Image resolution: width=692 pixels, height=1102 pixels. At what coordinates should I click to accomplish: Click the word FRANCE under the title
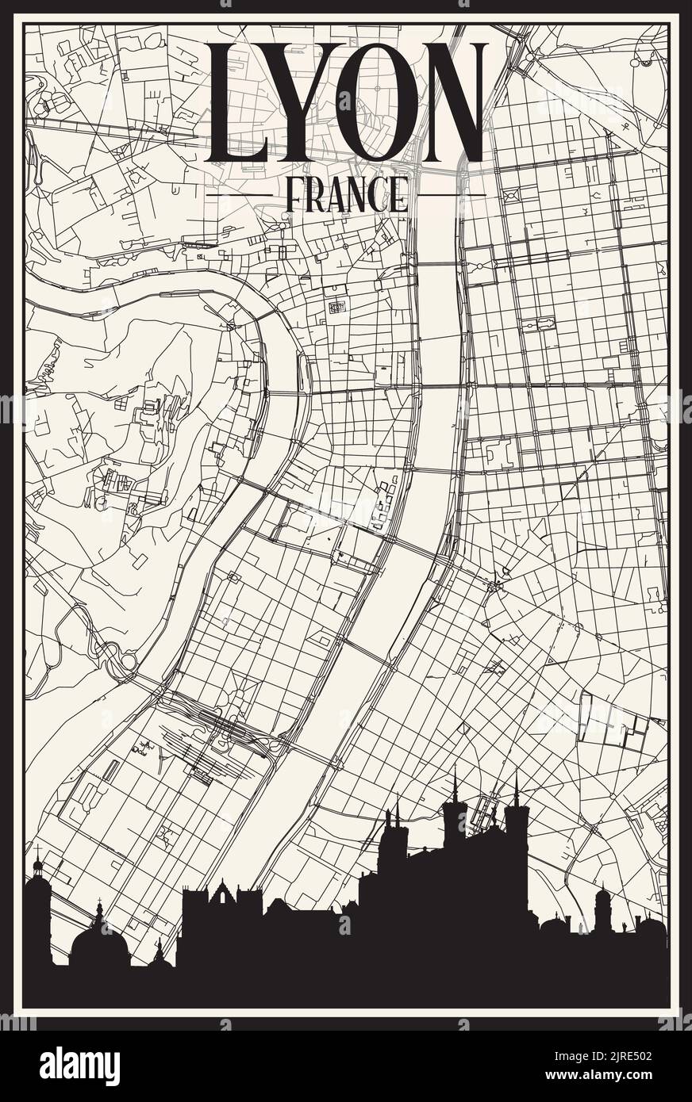point(346,194)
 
